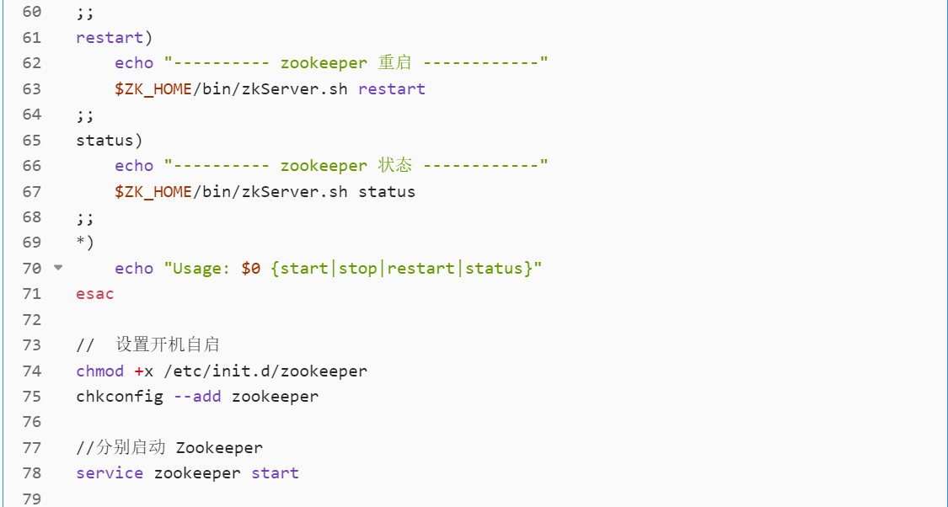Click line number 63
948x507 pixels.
pos(31,89)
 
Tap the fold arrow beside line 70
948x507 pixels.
pos(58,268)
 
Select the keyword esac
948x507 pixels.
pos(94,294)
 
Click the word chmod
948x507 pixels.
pos(99,371)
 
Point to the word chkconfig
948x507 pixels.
pos(119,396)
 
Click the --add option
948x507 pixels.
pos(197,396)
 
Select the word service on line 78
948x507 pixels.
pos(110,473)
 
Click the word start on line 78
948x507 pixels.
pos(275,473)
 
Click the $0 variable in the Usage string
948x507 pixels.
pos(250,269)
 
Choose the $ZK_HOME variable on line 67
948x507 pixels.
pos(153,192)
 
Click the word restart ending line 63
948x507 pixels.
pos(392,89)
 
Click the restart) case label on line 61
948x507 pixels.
pos(114,38)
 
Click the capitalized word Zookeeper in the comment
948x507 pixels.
pos(219,447)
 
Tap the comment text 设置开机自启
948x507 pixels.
pos(168,344)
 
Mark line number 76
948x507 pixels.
pos(31,422)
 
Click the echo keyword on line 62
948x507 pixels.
pos(134,63)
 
